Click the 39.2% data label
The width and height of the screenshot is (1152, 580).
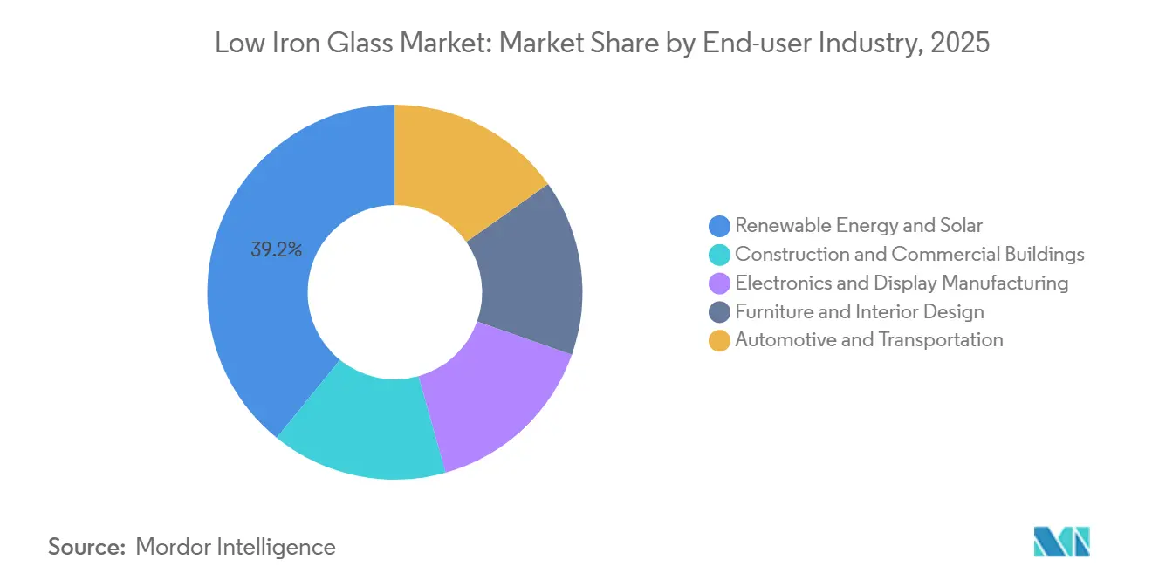(276, 250)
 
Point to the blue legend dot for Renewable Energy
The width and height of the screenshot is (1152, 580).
(719, 226)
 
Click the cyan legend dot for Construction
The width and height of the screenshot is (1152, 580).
(719, 255)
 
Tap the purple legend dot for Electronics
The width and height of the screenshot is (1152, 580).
(719, 283)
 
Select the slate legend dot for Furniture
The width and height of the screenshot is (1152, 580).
(719, 312)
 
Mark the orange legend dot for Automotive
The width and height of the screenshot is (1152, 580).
(719, 340)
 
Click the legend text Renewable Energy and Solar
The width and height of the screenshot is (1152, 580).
(859, 226)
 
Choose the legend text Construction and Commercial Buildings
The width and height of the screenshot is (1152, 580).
(909, 255)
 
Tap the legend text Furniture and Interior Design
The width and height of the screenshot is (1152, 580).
(860, 311)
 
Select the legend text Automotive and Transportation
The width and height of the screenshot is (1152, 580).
(869, 340)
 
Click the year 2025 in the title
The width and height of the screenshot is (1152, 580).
(960, 43)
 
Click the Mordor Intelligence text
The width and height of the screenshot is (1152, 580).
(236, 547)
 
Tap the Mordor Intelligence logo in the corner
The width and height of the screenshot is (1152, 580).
(1061, 542)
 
